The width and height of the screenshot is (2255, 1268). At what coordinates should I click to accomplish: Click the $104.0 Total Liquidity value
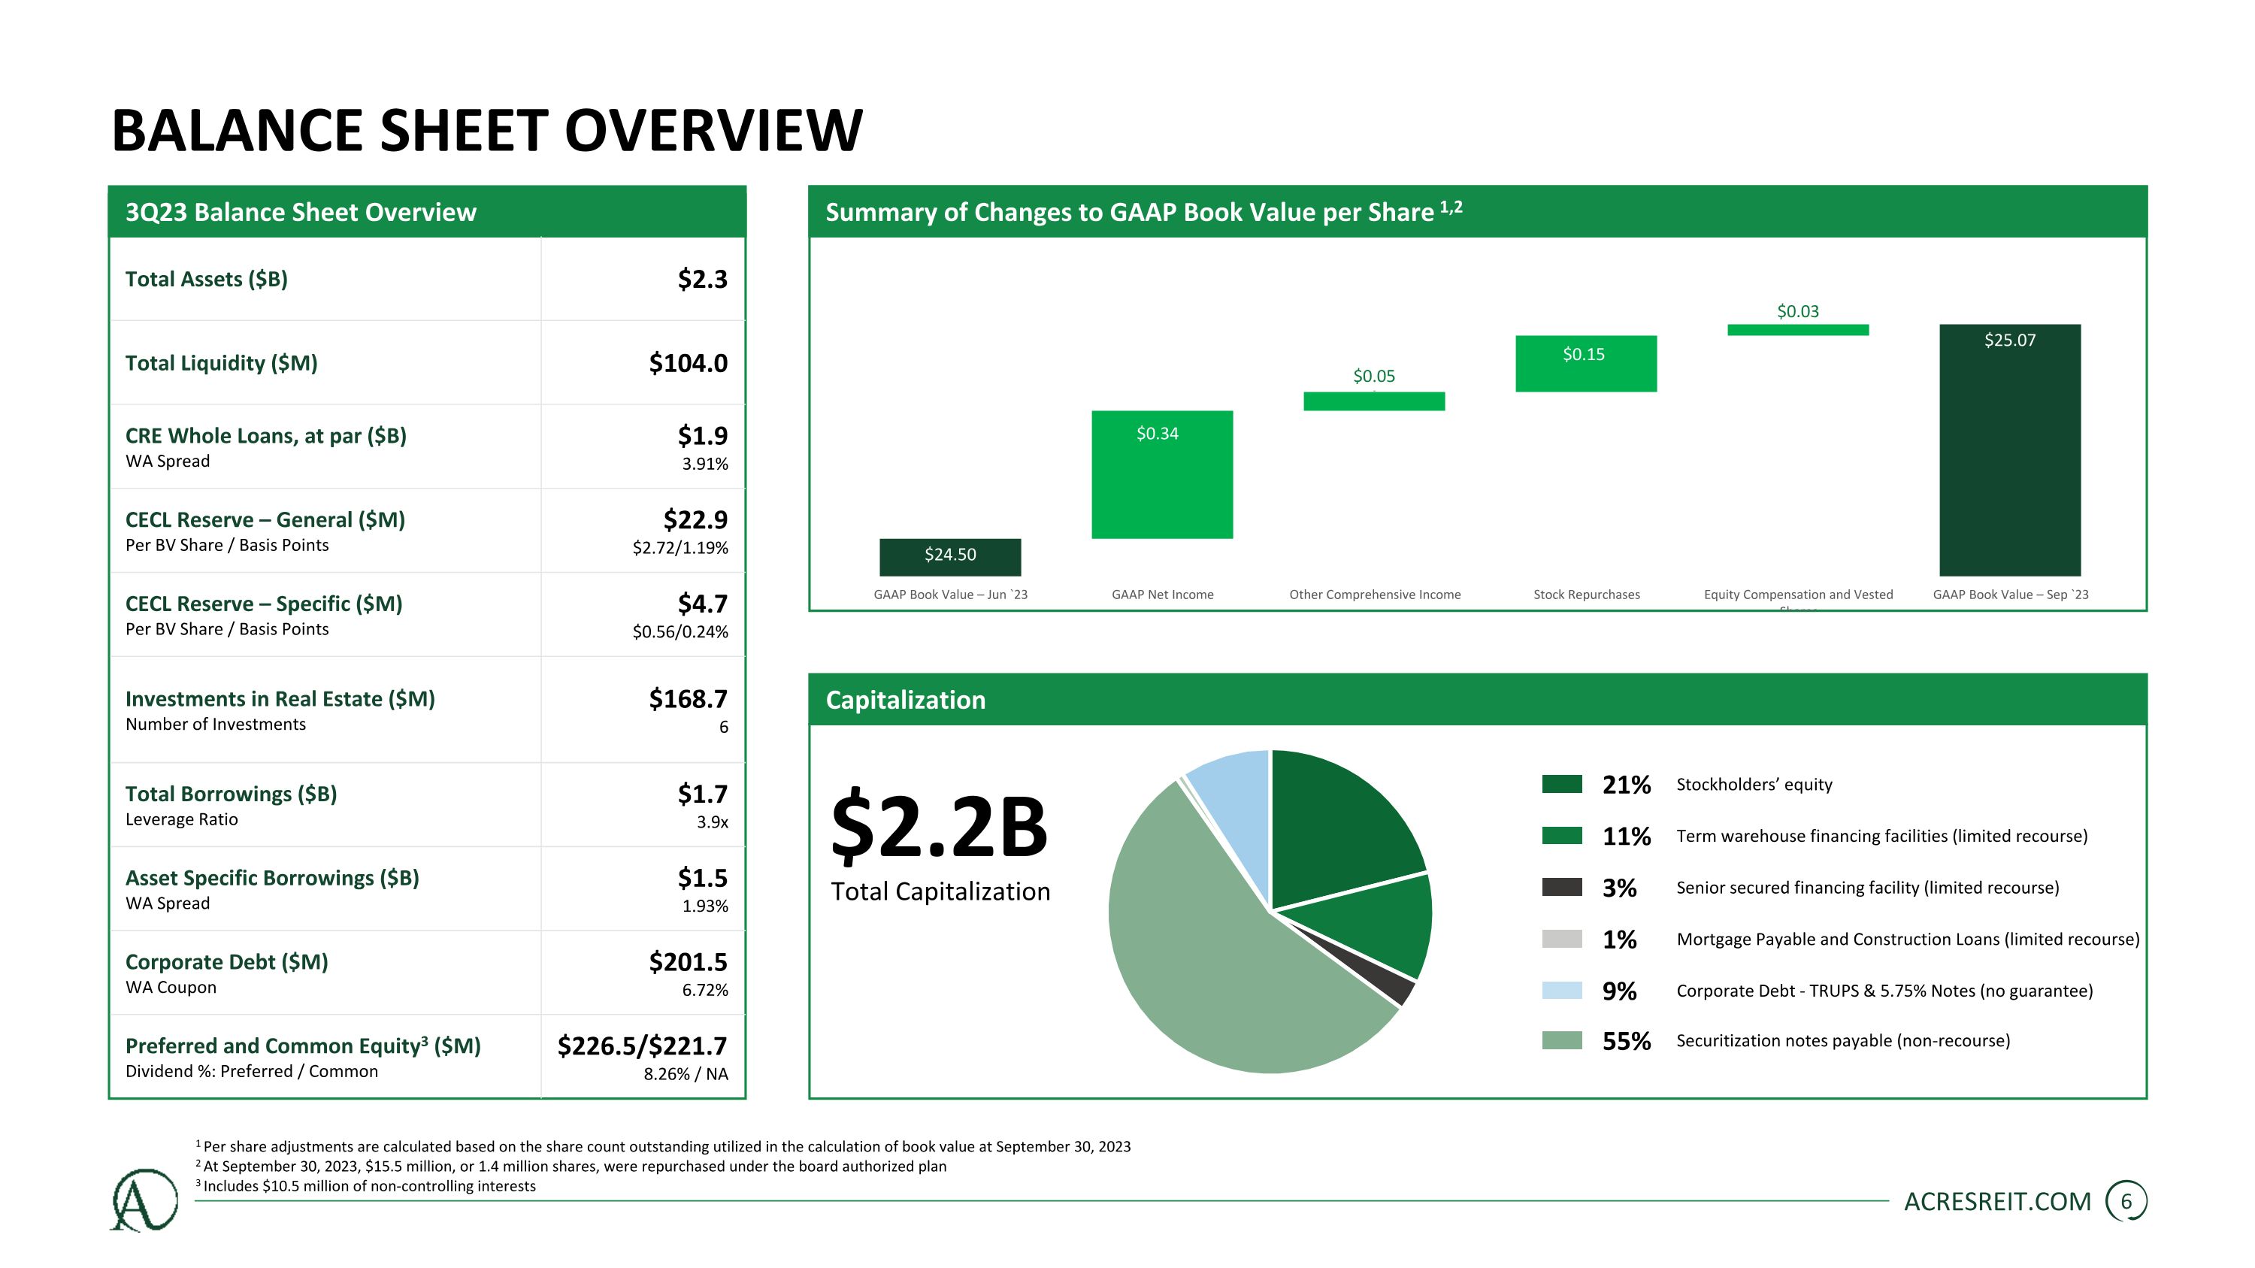[688, 363]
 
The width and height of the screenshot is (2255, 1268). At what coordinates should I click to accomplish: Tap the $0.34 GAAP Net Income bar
[1161, 474]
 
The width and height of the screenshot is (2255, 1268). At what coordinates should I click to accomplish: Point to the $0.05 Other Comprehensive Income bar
[1373, 401]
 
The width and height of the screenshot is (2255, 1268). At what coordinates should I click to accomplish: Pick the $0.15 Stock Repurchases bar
[1585, 363]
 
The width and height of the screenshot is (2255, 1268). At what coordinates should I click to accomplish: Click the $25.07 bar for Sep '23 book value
[2010, 449]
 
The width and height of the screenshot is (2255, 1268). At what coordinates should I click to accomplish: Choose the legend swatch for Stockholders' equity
[1562, 784]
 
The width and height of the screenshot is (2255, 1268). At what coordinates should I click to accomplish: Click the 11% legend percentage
[1627, 837]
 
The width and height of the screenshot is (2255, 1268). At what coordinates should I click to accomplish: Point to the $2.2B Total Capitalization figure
[938, 825]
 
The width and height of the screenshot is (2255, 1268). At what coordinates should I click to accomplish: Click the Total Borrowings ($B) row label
[231, 794]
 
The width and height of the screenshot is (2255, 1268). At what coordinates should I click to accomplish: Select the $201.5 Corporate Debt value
[688, 962]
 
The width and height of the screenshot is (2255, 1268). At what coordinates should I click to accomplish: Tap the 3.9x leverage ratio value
[713, 822]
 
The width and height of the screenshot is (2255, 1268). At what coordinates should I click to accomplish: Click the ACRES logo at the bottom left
[144, 1200]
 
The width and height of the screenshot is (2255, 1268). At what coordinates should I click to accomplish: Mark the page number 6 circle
[2126, 1202]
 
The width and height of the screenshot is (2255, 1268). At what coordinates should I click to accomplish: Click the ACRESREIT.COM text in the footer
[1998, 1202]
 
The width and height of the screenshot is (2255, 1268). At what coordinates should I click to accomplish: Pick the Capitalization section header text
[905, 700]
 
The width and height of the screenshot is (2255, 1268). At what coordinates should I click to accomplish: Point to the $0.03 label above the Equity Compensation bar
[1797, 311]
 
